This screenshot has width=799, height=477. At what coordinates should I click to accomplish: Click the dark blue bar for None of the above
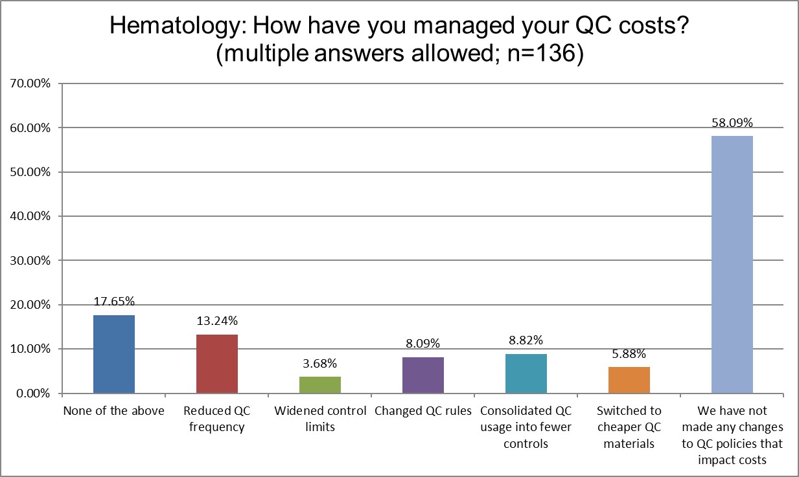coord(114,354)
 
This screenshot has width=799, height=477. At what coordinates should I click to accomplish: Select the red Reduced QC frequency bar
coord(217,364)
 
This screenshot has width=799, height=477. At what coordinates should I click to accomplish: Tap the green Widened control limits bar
coord(320,385)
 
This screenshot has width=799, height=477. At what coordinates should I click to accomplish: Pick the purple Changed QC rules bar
coord(423,375)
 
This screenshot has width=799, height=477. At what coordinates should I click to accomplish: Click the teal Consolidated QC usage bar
coord(526,373)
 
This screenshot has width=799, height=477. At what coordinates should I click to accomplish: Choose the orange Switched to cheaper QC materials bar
coord(629,380)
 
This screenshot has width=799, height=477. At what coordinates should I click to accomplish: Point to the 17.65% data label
coord(114,302)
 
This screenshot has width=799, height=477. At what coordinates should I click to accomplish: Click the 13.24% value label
coord(217,321)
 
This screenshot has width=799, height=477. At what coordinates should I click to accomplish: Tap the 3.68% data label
coord(320,363)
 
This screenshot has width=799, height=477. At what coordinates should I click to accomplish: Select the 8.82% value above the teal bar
coord(526,340)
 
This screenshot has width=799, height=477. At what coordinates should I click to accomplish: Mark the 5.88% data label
coord(629,353)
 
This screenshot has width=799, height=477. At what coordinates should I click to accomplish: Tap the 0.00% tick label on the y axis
coord(32,394)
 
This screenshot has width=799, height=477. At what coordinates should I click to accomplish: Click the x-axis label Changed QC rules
coord(423,412)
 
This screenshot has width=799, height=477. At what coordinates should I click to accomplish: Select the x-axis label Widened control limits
coord(320,419)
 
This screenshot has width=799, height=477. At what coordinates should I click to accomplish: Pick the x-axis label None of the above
coord(114,412)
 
